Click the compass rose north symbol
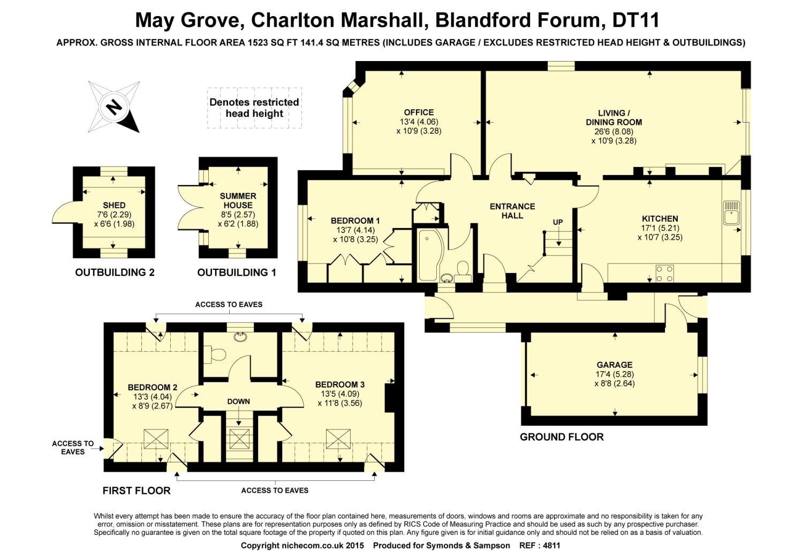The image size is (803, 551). pyautogui.click(x=114, y=107)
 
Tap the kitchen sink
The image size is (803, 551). pyautogui.click(x=731, y=213)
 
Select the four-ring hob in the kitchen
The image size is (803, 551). pyautogui.click(x=664, y=273)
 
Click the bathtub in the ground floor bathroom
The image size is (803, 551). pyautogui.click(x=429, y=255)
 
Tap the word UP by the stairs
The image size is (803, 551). pyautogui.click(x=557, y=222)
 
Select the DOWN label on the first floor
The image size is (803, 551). pyautogui.click(x=238, y=402)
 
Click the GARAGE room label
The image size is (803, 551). pyautogui.click(x=615, y=365)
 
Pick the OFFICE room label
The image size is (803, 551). pyautogui.click(x=419, y=112)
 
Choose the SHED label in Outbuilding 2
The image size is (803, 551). pyautogui.click(x=114, y=206)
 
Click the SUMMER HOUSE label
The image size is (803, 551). pyautogui.click(x=238, y=201)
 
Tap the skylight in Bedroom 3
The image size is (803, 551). pyautogui.click(x=338, y=439)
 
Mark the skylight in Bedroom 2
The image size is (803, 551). pyautogui.click(x=156, y=439)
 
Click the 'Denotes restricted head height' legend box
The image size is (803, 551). pyautogui.click(x=254, y=108)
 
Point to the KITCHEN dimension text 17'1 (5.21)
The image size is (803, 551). pyautogui.click(x=660, y=228)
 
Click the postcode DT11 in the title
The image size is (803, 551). pyautogui.click(x=635, y=20)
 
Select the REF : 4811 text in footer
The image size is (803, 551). pyautogui.click(x=540, y=545)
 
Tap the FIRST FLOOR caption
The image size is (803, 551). pyautogui.click(x=136, y=490)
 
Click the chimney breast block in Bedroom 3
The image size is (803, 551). pyautogui.click(x=390, y=398)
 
